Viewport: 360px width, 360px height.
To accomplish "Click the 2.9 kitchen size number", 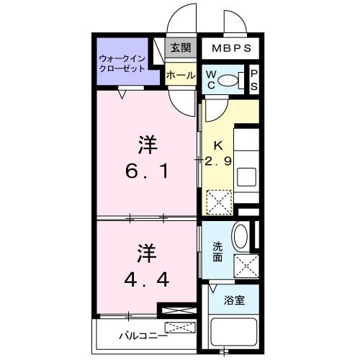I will tap(217, 161).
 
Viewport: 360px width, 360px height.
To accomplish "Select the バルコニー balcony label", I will tap(143, 335).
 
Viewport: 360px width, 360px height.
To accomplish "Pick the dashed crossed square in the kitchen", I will tap(217, 200).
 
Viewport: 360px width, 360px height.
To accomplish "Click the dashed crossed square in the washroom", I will tap(246, 265).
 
